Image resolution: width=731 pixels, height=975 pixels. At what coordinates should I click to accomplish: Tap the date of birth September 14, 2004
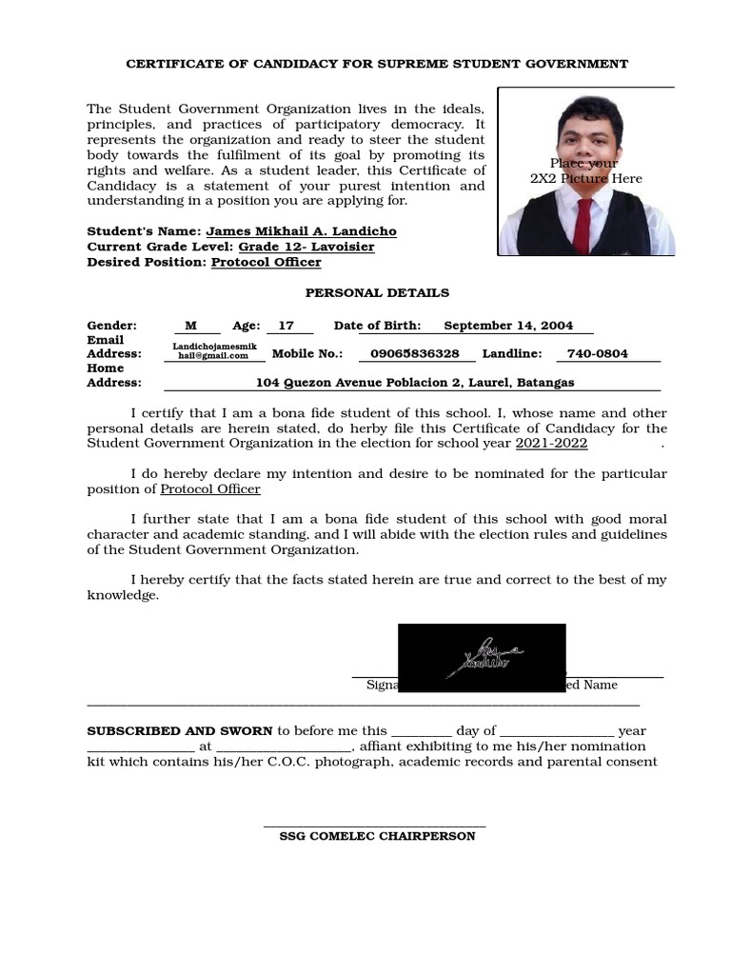508,326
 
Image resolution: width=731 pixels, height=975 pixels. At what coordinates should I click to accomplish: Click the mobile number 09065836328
414,354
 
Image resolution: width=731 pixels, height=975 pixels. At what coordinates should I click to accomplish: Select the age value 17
286,326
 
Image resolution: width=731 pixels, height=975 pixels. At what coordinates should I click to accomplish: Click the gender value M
190,326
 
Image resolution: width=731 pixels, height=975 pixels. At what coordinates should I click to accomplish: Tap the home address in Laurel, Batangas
415,383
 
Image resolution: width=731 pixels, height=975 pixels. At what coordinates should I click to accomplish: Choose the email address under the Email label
214,351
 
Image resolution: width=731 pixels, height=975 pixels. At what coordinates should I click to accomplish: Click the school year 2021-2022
551,444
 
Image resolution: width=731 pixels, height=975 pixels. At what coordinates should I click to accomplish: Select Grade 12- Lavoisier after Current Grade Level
306,247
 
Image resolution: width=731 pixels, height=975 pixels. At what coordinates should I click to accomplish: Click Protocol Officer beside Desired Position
266,262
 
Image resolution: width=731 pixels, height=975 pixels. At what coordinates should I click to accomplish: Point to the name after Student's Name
301,231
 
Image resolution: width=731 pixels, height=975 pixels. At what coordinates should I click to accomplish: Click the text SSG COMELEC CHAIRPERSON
377,836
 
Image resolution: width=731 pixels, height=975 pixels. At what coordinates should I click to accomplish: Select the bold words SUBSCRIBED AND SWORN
180,731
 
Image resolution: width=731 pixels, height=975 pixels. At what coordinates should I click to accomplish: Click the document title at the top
378,64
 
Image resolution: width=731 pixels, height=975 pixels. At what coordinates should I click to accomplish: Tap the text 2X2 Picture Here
585,179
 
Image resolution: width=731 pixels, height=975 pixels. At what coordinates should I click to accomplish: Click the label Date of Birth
377,326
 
